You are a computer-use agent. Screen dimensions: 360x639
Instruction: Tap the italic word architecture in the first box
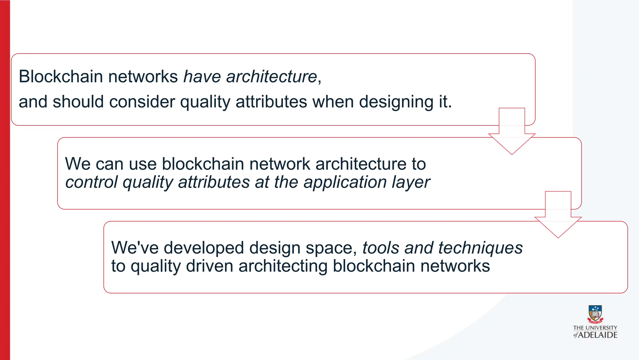(x=271, y=76)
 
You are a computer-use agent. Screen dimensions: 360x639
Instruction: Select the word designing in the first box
(x=396, y=102)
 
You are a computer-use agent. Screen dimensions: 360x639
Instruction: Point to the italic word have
(x=202, y=76)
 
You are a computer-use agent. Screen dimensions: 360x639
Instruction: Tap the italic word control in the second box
(x=91, y=182)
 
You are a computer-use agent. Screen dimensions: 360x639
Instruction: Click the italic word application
(x=345, y=182)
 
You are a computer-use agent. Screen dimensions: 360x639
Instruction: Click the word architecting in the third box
(x=283, y=266)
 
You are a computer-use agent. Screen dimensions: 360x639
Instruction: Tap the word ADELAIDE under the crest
(x=598, y=335)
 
